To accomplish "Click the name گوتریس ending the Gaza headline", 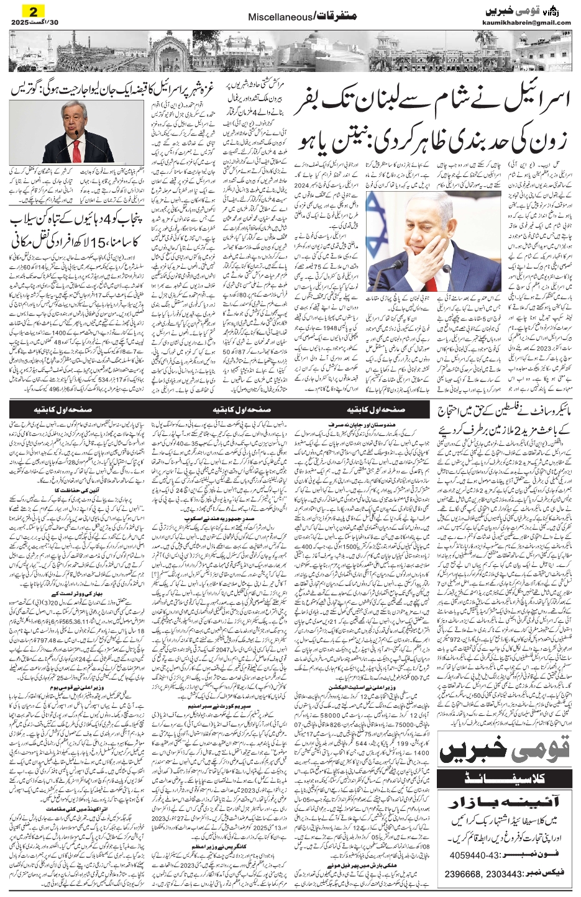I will [24, 88].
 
